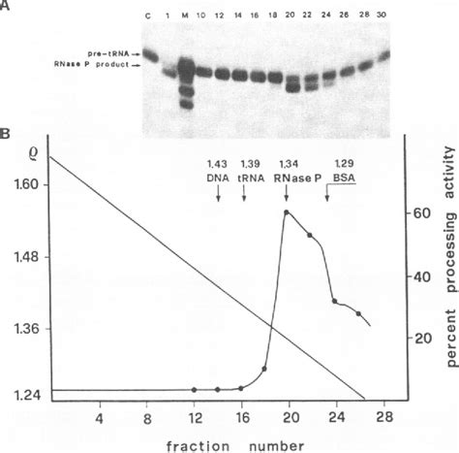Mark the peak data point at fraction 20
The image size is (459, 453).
[x=287, y=212]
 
